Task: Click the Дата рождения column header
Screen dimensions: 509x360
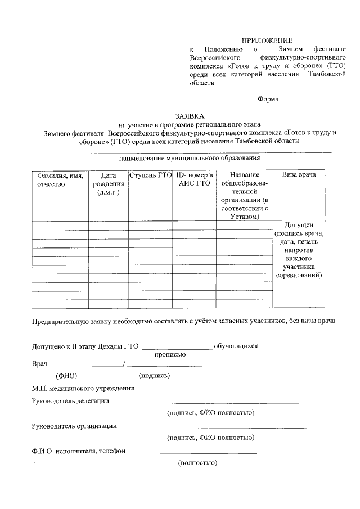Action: pos(108,184)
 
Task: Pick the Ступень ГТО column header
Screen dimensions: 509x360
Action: pos(150,175)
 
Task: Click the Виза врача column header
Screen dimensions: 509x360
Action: pos(299,175)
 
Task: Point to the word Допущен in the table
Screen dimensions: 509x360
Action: pos(299,224)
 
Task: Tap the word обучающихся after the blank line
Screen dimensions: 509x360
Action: pos(236,346)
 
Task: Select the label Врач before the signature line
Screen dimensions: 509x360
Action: pos(40,364)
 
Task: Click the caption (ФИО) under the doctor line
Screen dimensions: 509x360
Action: pos(66,375)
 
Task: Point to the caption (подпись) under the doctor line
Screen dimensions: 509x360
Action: pos(154,375)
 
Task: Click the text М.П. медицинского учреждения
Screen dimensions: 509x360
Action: pos(83,388)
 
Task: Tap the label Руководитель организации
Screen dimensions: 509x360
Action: pos(74,425)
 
